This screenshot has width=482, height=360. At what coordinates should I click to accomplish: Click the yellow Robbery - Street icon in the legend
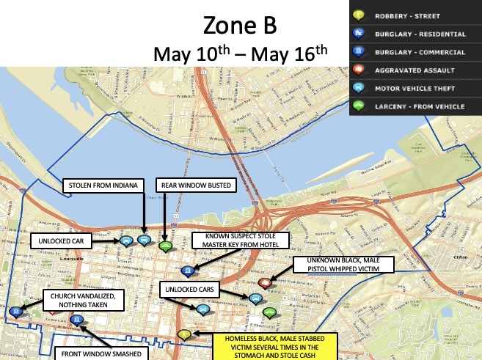[x=359, y=15]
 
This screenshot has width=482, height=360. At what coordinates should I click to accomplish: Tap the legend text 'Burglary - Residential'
[x=419, y=33]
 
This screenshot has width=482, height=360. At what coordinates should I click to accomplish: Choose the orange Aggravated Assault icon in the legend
[x=359, y=70]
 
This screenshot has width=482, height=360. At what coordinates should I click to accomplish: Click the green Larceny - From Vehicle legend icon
[x=359, y=107]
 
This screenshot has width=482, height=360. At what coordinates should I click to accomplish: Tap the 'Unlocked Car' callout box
[x=62, y=240]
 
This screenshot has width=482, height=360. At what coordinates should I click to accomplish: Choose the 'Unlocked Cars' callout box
[x=189, y=290]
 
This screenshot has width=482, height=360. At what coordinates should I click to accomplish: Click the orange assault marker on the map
[x=265, y=282]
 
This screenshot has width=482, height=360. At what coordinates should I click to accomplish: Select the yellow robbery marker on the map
[x=185, y=335]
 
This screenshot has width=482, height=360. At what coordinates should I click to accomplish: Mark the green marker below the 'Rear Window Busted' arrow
[x=165, y=246]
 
